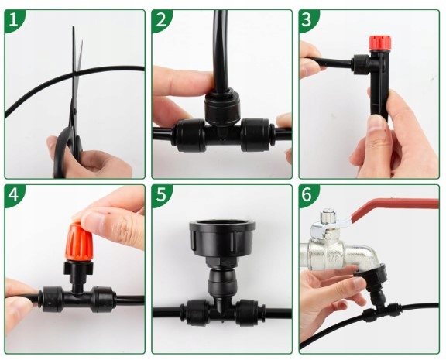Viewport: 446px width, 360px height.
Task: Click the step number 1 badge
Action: (13, 20)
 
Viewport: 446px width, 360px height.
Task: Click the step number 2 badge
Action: (161, 20)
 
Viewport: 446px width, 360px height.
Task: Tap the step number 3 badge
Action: (307, 20)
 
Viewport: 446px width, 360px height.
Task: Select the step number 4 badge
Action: (13, 195)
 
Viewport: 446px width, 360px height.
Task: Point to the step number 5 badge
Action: (161, 195)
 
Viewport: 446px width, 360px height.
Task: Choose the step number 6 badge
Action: (307, 195)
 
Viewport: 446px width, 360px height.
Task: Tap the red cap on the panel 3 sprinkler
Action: (380, 42)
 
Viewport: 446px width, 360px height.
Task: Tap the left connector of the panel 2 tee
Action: (190, 135)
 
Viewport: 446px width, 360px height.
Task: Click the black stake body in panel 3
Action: (380, 84)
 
